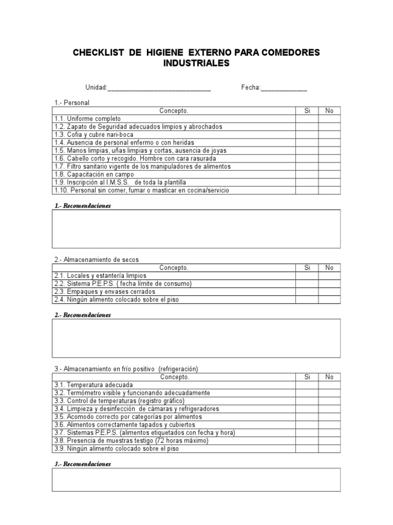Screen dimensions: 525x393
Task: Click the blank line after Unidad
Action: (159, 88)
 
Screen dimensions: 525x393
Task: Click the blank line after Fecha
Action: (284, 88)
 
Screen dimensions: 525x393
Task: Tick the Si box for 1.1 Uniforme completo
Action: (307, 118)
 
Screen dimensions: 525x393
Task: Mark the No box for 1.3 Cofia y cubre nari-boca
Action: (329, 134)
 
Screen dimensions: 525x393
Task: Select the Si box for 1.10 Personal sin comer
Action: (307, 190)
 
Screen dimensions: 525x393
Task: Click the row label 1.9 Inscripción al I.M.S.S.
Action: (120, 182)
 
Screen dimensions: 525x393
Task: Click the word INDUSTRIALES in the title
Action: (196, 64)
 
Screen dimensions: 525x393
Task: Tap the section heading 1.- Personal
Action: (72, 103)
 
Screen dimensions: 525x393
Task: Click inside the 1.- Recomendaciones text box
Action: (196, 229)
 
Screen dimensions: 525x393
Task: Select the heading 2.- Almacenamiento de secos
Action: (97, 260)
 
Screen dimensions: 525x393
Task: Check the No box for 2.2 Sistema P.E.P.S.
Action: (329, 284)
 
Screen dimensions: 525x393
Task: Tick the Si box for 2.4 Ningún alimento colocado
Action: (307, 299)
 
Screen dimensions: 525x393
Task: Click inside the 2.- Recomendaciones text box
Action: (196, 338)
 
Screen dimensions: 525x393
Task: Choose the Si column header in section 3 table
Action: (307, 377)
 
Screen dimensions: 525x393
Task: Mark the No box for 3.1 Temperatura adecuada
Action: (329, 385)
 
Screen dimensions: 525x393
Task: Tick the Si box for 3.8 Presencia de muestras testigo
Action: (307, 440)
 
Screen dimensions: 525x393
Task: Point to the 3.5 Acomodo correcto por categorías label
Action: (127, 417)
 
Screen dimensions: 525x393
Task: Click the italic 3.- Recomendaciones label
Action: (82, 464)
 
